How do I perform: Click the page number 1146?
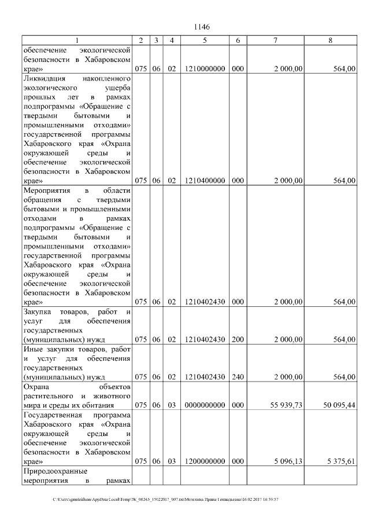coord(202,27)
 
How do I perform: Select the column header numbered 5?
coord(205,40)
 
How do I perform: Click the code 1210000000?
coord(205,68)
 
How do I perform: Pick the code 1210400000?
coord(205,181)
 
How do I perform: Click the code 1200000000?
coord(205,462)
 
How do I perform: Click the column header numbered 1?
coord(77,40)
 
